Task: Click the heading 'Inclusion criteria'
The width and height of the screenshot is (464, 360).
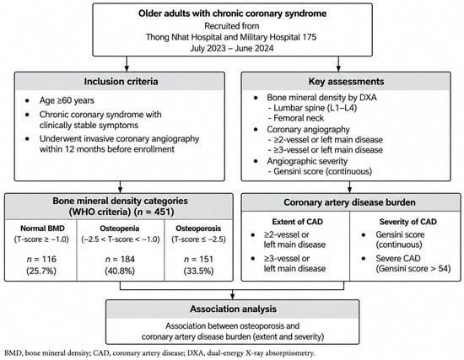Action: [x=121, y=81]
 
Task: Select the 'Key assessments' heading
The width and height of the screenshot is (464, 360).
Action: [x=346, y=81]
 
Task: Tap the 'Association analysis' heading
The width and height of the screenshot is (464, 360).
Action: [x=233, y=309]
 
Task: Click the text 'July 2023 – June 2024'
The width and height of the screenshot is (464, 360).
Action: [x=232, y=48]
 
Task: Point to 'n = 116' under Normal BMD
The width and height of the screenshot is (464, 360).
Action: [x=41, y=259]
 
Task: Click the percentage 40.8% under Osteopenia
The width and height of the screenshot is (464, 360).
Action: [x=120, y=271]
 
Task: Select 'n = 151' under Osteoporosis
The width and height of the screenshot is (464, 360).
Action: [x=198, y=259]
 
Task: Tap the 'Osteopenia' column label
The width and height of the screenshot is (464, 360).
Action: [x=120, y=228]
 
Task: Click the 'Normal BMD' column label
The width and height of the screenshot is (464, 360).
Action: [x=42, y=228]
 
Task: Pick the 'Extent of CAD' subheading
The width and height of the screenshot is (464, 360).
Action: [x=298, y=222]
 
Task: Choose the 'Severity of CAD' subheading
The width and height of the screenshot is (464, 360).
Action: [x=407, y=222]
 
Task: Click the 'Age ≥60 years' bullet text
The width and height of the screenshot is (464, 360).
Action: [x=67, y=100]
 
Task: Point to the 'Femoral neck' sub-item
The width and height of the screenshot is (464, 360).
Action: [x=295, y=118]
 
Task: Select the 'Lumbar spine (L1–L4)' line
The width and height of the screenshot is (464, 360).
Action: [x=312, y=108]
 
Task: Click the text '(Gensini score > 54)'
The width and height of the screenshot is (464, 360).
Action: [x=413, y=269]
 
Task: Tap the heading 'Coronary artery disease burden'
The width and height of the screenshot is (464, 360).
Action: [x=349, y=202]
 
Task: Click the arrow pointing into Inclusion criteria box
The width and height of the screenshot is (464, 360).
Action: [x=127, y=63]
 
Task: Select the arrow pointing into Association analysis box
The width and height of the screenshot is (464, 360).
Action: [x=233, y=294]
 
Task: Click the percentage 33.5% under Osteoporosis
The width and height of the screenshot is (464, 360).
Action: [x=198, y=271]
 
